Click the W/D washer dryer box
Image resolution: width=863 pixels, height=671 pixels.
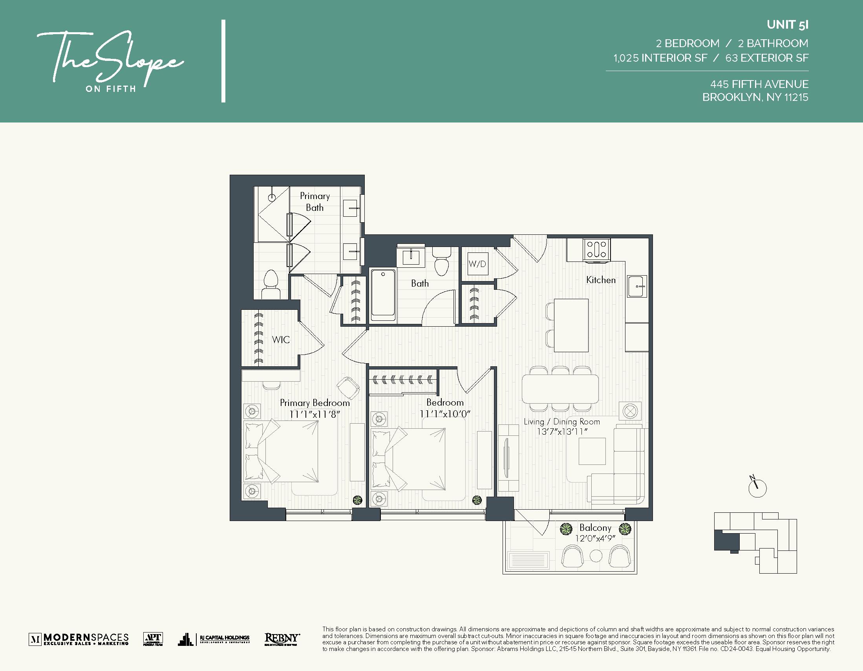pos(477,263)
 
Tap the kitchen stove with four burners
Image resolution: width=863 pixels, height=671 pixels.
pos(597,250)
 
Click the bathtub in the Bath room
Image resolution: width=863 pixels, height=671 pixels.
pos(383,295)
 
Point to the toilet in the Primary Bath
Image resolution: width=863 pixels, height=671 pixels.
pos(271,284)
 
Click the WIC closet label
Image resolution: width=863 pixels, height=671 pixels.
pos(281,340)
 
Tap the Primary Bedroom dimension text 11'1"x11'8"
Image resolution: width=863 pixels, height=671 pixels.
pos(314,414)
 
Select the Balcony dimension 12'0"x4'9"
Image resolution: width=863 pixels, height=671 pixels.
pos(595,538)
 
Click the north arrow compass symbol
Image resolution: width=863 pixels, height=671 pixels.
pos(757,488)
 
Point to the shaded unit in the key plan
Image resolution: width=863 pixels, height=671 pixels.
pos(726,541)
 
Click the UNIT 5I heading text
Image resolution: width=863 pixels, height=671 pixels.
pos(787,24)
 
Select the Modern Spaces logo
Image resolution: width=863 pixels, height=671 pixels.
pos(79,638)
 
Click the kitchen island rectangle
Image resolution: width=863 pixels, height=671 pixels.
pos(571,325)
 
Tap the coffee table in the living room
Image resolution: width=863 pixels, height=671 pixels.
pos(592,451)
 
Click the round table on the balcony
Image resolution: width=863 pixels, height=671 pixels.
pos(596,556)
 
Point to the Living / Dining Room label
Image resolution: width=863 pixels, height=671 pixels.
pos(561,422)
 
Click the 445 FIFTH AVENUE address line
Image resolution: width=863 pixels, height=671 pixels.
pos(759,84)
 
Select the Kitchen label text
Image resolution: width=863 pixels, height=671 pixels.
pos(601,280)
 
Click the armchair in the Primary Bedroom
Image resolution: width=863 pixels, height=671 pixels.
pos(348,387)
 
